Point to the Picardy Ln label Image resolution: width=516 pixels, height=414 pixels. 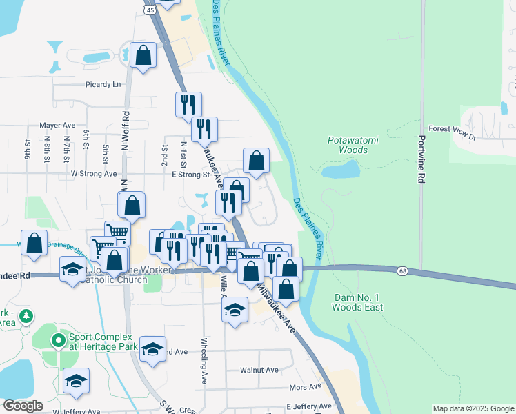(x=103, y=84)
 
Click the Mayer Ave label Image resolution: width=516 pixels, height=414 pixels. (x=57, y=126)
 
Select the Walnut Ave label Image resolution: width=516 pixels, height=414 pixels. (x=259, y=370)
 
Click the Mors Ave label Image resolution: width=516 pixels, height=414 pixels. (x=306, y=387)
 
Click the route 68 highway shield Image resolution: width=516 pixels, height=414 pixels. (x=401, y=271)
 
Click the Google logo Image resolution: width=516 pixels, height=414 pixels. (x=23, y=406)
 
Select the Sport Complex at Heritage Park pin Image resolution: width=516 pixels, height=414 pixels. (x=59, y=340)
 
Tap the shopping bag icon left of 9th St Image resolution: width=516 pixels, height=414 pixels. (x=34, y=243)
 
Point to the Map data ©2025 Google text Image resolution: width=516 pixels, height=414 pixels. (x=473, y=408)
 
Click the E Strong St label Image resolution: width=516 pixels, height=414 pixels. (x=190, y=175)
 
